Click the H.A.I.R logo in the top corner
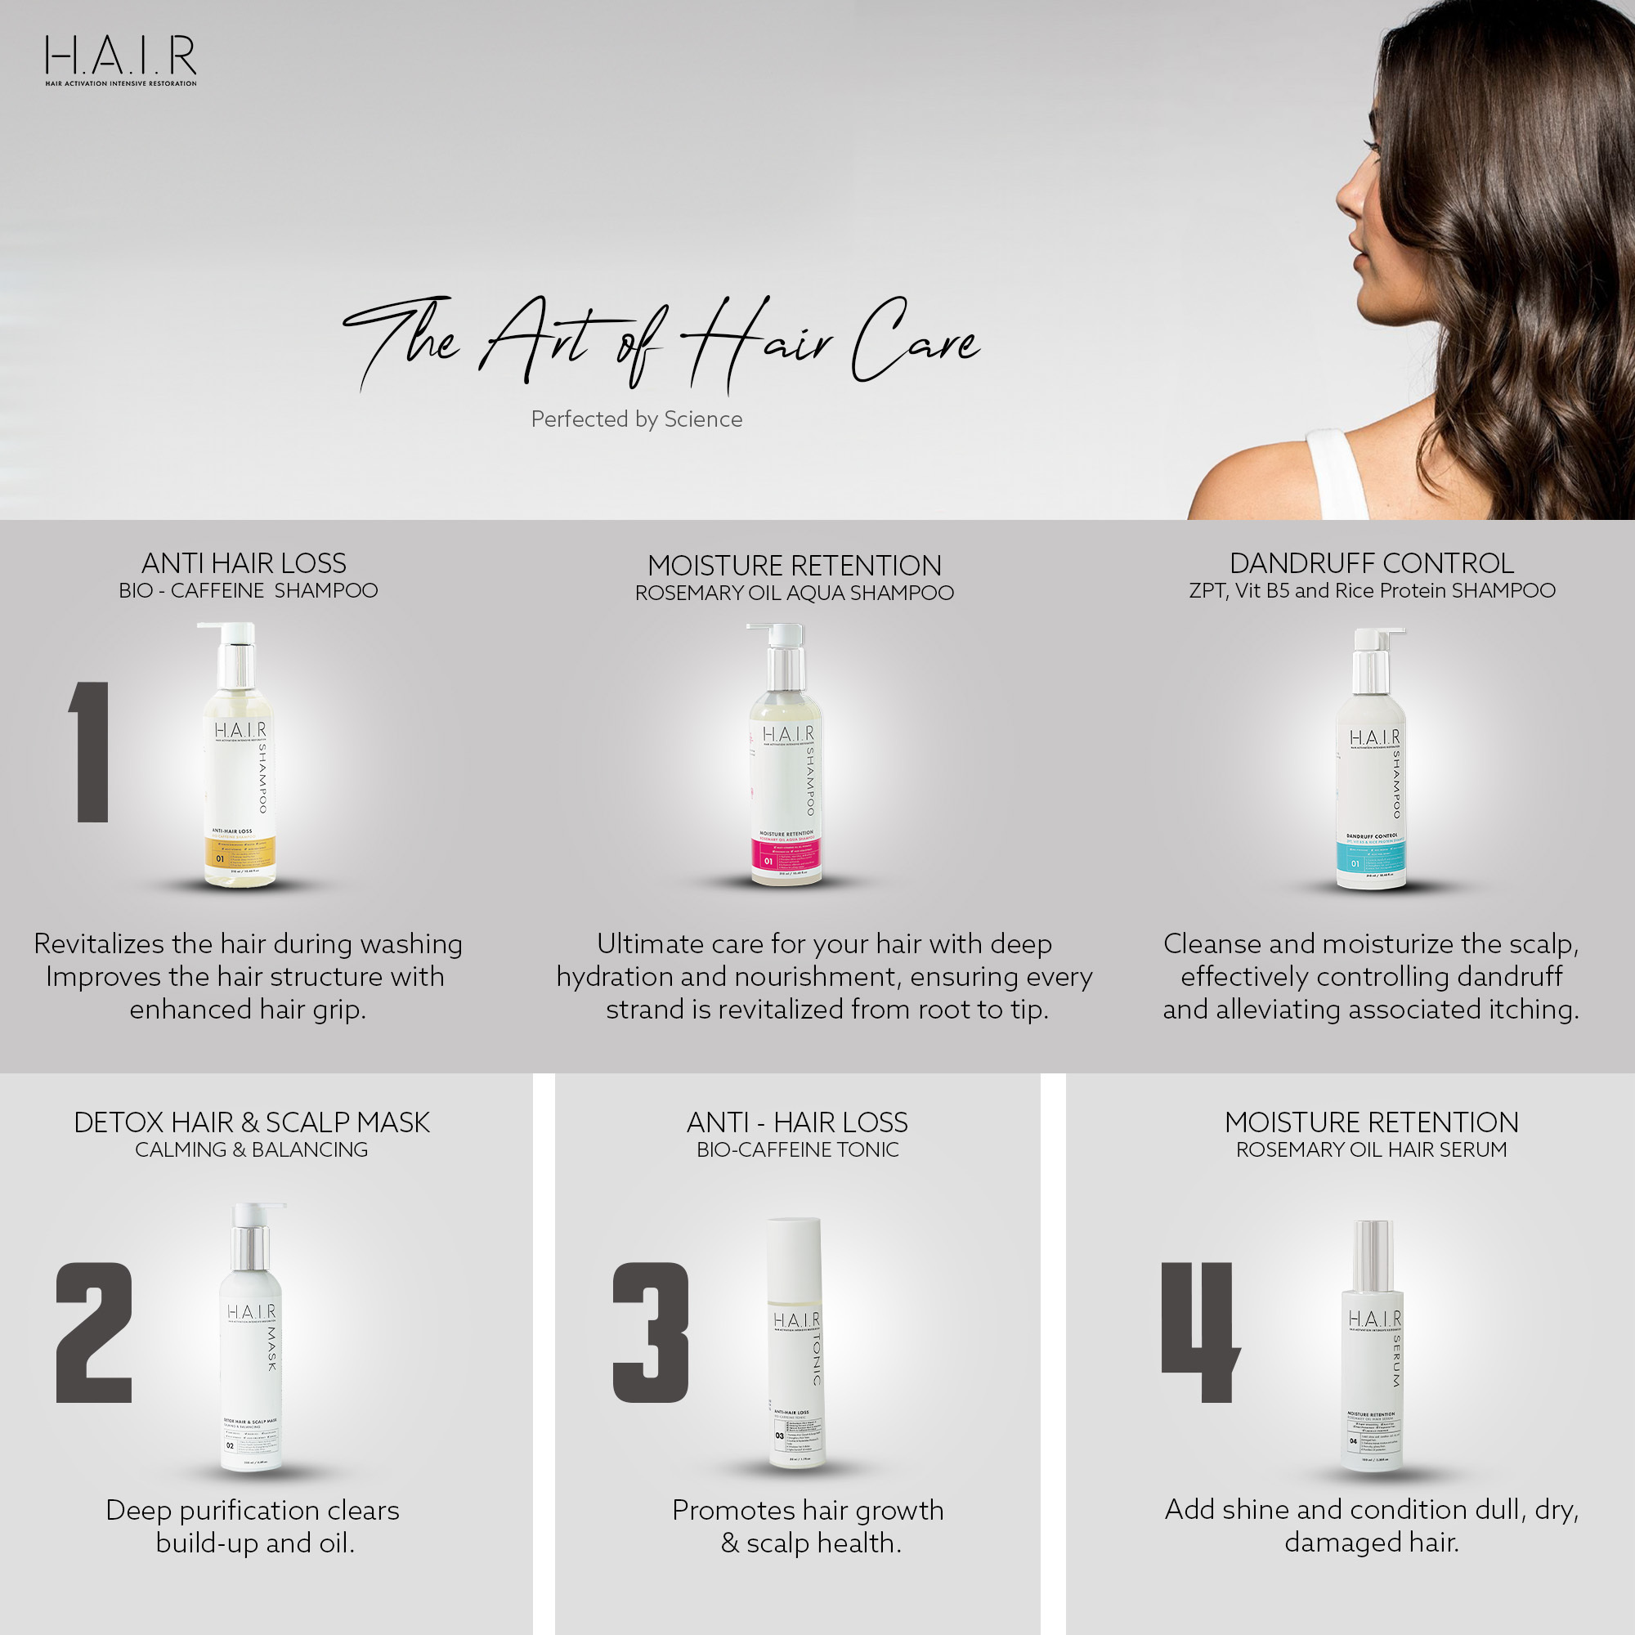click(120, 59)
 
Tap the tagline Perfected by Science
click(636, 419)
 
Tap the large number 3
click(650, 1333)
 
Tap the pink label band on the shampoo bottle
click(786, 857)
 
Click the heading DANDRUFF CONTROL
click(1371, 562)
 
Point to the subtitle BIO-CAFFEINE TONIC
click(797, 1149)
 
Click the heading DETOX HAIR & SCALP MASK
click(251, 1122)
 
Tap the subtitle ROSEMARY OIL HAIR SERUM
click(1371, 1149)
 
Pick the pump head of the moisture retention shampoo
click(773, 633)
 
